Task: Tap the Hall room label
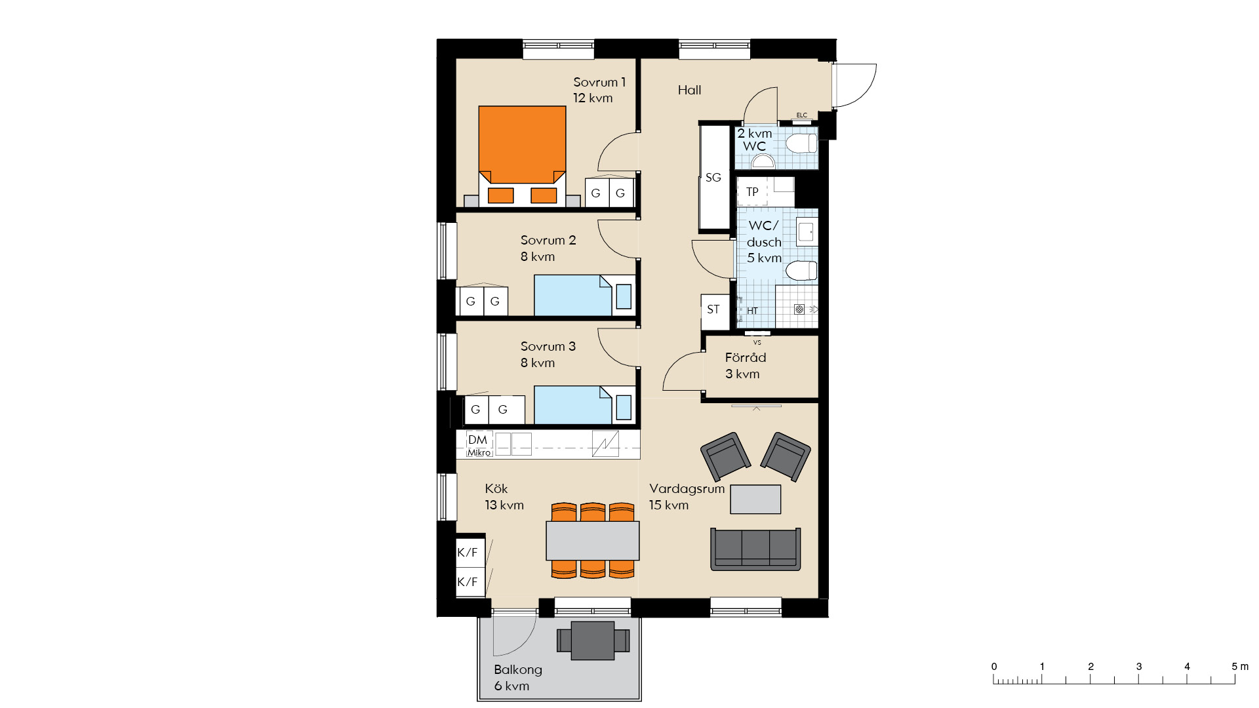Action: (x=689, y=90)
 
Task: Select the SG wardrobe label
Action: (x=713, y=178)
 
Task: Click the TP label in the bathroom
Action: (x=752, y=192)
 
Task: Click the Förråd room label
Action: (x=745, y=358)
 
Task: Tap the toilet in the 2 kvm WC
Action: (x=801, y=144)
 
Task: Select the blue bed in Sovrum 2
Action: (x=584, y=296)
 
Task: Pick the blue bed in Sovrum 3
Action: (x=584, y=405)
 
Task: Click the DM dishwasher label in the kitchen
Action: (x=477, y=440)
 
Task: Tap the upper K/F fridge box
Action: (x=470, y=552)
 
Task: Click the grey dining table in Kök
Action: (x=593, y=540)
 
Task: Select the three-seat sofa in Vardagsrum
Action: (x=755, y=549)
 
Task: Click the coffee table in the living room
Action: (x=755, y=499)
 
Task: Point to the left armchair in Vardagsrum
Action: (x=725, y=456)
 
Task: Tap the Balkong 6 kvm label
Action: (x=518, y=678)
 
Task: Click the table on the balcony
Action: (x=593, y=640)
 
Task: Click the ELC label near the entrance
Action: (x=802, y=115)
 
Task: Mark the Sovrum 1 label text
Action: (x=599, y=83)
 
